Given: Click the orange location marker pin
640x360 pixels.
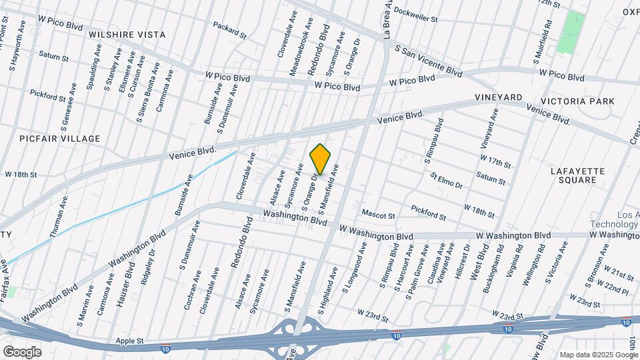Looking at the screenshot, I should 321,159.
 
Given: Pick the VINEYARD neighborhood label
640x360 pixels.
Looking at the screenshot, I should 499,97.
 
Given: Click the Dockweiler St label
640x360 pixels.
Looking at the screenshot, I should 415,15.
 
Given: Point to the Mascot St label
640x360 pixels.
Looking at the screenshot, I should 378,215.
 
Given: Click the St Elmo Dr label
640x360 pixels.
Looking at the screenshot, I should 446,181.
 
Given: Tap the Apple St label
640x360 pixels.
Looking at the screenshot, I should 131,341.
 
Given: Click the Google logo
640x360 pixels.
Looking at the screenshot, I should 21,351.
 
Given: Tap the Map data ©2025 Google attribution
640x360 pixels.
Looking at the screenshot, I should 598,354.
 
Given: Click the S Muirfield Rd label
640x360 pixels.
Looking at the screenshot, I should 543,42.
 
